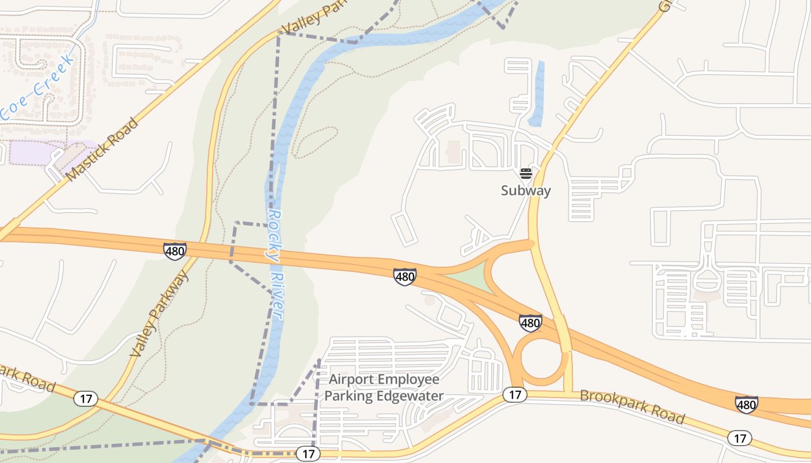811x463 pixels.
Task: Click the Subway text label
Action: (x=525, y=190)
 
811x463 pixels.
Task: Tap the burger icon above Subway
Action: (x=525, y=173)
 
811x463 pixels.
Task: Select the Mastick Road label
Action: (x=103, y=149)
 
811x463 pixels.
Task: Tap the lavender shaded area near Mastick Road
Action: (x=35, y=153)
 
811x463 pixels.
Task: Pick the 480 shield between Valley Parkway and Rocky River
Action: (x=174, y=251)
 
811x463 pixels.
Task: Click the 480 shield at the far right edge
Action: (x=746, y=404)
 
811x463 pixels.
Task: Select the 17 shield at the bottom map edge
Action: (x=308, y=454)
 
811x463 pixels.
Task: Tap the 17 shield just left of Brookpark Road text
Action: (x=514, y=395)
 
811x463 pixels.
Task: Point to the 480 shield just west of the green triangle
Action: (x=404, y=277)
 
